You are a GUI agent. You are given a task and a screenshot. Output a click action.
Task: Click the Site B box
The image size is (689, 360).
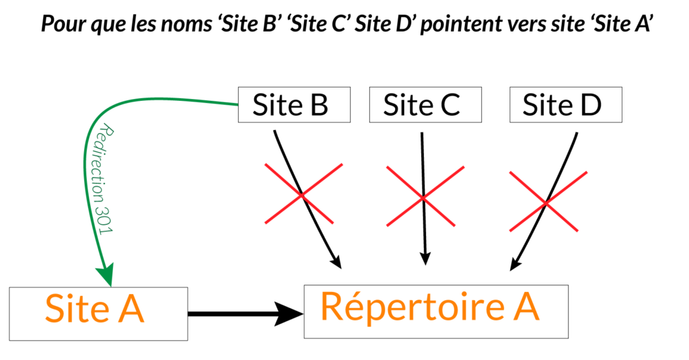[294, 105]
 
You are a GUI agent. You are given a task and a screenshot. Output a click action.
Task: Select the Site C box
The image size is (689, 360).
[425, 105]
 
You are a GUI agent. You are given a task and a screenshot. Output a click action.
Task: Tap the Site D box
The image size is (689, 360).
[566, 105]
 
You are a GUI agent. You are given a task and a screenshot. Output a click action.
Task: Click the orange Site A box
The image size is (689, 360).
[98, 312]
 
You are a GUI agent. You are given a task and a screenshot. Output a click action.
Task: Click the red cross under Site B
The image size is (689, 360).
[303, 194]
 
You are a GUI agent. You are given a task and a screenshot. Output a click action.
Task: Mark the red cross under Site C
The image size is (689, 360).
[423, 196]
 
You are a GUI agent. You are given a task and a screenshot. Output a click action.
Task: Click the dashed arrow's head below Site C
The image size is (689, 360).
[424, 258]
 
